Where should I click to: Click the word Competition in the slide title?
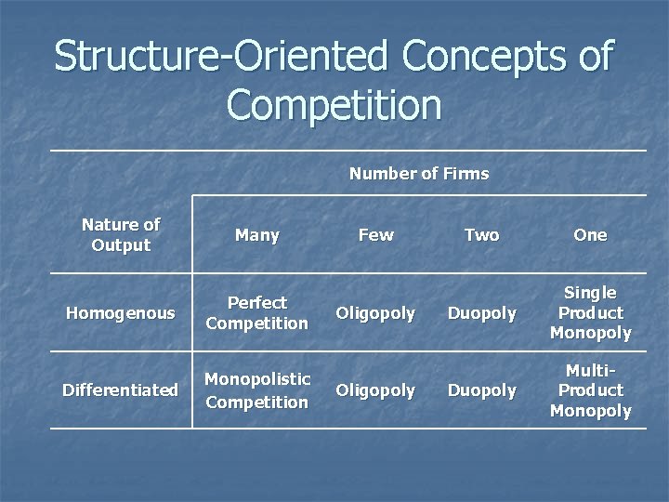point(334,103)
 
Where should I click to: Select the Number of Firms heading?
point(418,174)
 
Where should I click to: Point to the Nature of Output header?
point(121,235)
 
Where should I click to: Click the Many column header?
point(257,235)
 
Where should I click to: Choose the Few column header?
point(375,235)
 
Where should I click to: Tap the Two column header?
point(481,235)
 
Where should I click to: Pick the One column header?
point(590,235)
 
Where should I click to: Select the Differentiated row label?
point(120,390)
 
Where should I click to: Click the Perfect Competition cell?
point(256,313)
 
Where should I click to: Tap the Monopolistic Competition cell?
point(256,390)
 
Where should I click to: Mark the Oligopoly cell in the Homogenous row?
point(375,313)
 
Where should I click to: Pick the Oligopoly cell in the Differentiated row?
point(375,390)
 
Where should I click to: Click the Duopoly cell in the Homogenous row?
point(481,313)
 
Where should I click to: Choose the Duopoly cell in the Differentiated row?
point(481,390)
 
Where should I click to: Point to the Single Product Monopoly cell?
point(590,313)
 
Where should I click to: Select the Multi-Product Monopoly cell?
point(590,390)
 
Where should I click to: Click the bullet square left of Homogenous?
point(56,313)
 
